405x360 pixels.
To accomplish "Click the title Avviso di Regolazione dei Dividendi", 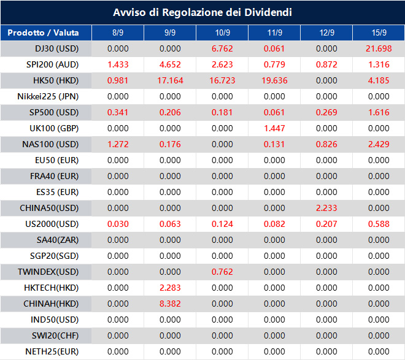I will point(202,12).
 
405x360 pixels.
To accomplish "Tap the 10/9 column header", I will point(222,33).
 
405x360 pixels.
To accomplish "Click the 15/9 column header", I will point(379,33).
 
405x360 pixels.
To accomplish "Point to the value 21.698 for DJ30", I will point(379,48).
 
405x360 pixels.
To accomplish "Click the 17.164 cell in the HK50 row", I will point(170,80).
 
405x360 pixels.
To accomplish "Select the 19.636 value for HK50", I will point(274,80).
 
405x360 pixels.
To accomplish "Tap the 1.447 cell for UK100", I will point(274,128).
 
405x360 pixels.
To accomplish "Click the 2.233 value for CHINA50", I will point(326,208).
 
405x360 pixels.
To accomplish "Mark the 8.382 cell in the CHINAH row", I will point(170,304).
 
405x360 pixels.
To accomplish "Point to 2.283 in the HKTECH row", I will point(170,288).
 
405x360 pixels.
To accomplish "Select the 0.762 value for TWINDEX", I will point(222,272).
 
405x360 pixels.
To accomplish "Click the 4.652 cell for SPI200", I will point(170,64).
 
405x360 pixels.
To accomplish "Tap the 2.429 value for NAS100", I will point(379,144).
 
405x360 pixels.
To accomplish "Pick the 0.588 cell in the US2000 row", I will point(379,224).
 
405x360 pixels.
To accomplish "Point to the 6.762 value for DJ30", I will point(222,48).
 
